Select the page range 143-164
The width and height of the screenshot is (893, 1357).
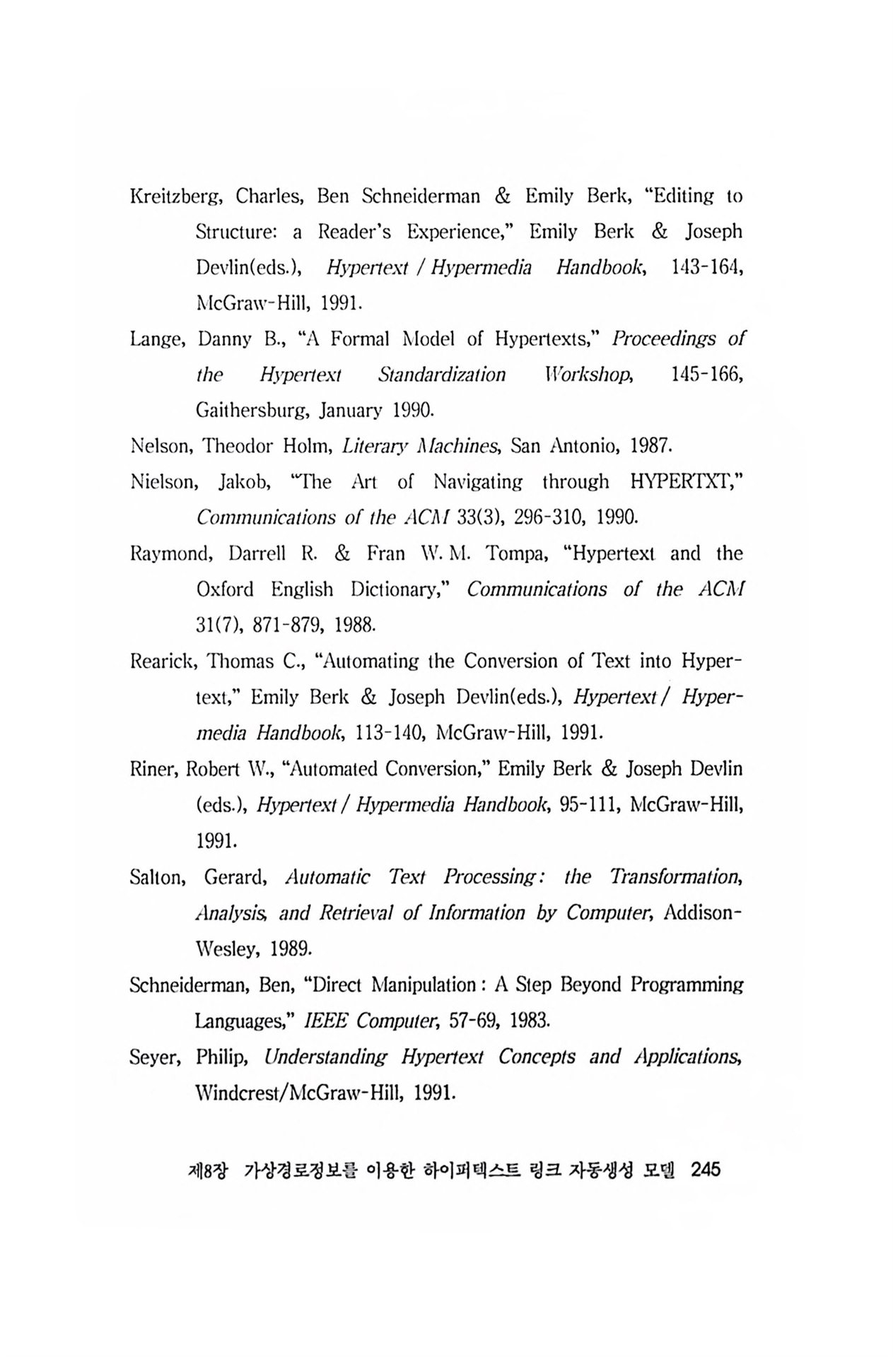pyautogui.click(x=698, y=268)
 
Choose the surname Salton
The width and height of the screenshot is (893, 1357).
pyautogui.click(x=157, y=877)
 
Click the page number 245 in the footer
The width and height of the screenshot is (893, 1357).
pyautogui.click(x=705, y=1170)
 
